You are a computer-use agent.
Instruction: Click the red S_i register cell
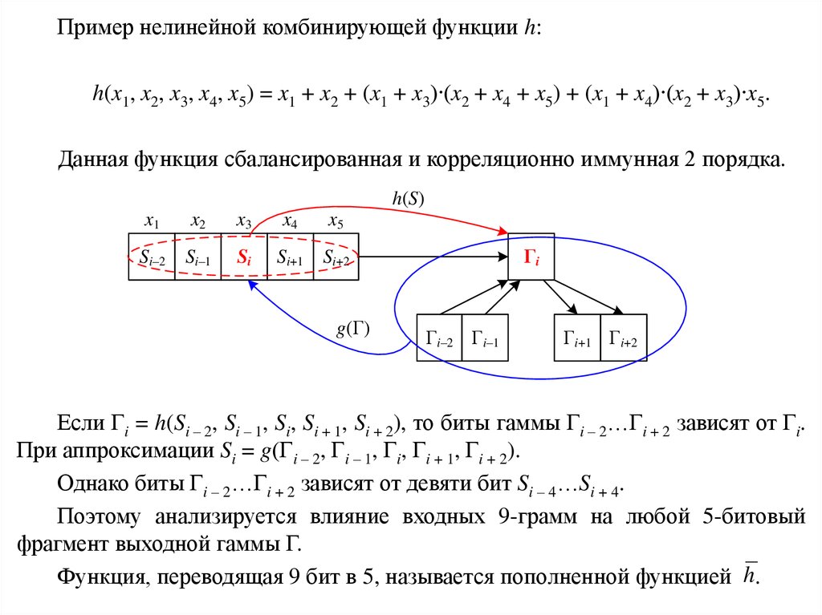(243, 257)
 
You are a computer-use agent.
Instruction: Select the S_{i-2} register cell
(152, 257)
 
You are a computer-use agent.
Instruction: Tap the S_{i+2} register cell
(336, 257)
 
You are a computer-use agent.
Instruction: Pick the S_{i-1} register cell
(197, 257)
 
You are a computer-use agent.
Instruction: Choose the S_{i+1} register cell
(290, 257)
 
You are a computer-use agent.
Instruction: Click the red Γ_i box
(531, 257)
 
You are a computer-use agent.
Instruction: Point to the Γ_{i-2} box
(439, 338)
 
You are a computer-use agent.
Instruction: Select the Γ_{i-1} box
(485, 338)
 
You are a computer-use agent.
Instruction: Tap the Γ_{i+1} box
(577, 338)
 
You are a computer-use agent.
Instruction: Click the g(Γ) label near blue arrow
(353, 329)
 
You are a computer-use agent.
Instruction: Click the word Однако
(92, 484)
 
